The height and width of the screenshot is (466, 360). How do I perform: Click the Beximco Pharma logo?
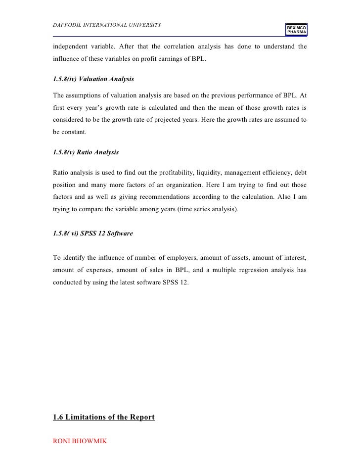coord(296,30)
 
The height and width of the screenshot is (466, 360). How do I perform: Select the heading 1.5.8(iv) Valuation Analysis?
coord(93,79)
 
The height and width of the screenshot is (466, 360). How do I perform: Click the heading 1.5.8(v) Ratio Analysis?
coord(86,153)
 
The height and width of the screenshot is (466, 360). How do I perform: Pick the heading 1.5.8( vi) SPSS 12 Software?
coord(92,233)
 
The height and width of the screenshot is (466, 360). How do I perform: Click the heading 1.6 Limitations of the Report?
coord(103,418)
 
